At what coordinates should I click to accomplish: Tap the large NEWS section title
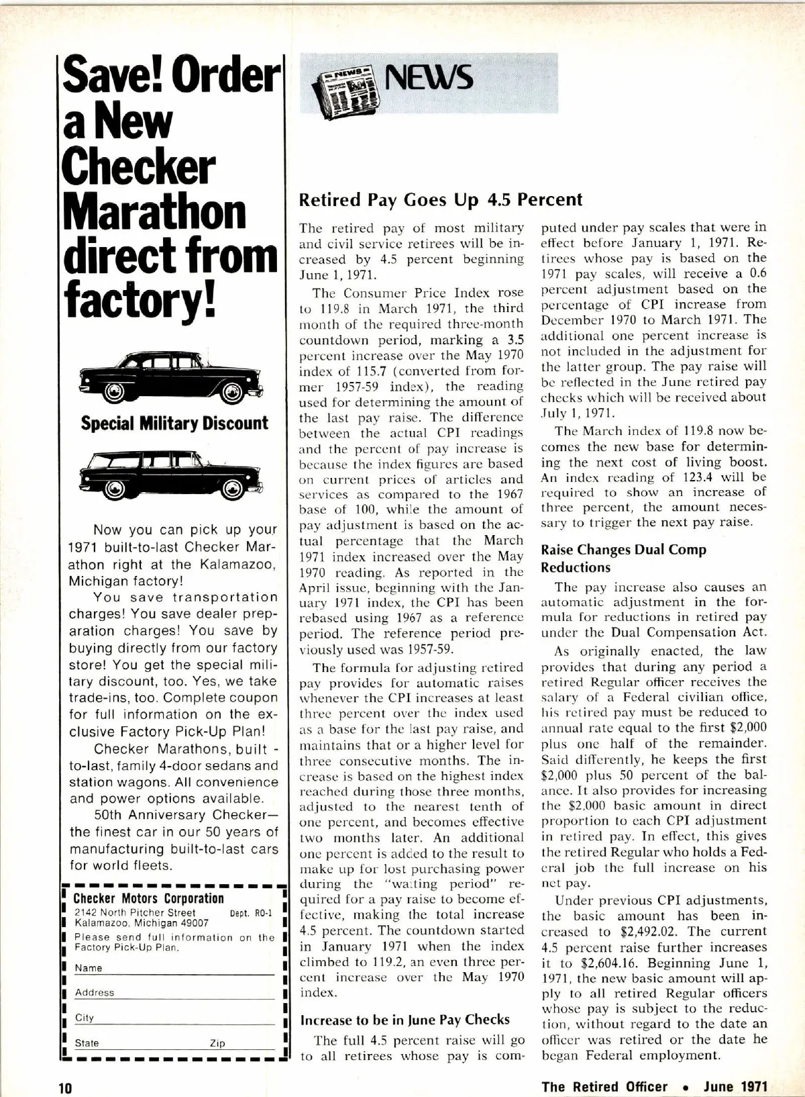pyautogui.click(x=429, y=79)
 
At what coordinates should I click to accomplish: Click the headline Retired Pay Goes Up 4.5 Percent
pyautogui.click(x=441, y=199)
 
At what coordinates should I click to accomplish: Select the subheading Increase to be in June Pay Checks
pyautogui.click(x=405, y=1020)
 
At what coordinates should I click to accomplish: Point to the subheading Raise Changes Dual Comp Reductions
pyautogui.click(x=623, y=558)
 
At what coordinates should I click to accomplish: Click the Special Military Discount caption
pyautogui.click(x=174, y=423)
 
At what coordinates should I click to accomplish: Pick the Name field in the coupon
pyautogui.click(x=181, y=968)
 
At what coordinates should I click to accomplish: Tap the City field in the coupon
pyautogui.click(x=181, y=1018)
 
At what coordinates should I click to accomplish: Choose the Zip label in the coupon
pyautogui.click(x=217, y=1043)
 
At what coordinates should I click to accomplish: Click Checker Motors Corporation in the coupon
pyautogui.click(x=148, y=898)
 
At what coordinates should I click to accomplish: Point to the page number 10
pyautogui.click(x=64, y=1088)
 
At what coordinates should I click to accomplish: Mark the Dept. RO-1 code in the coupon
pyautogui.click(x=251, y=913)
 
